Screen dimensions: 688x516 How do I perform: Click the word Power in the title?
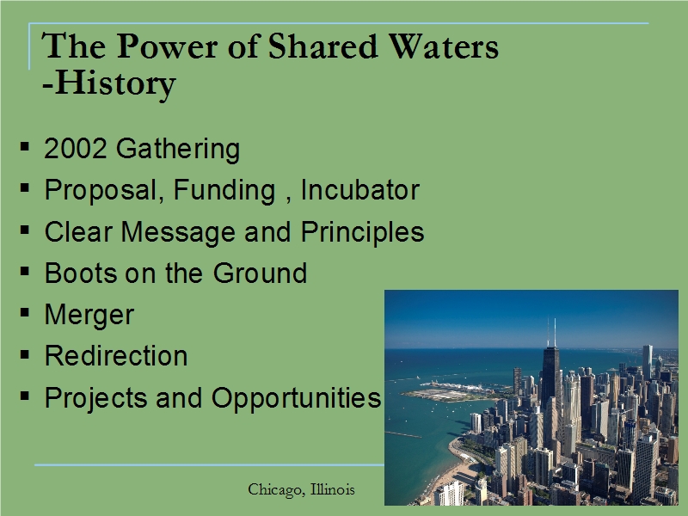(167, 46)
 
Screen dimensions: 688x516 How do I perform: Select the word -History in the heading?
(109, 83)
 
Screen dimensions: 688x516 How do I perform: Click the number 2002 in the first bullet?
(76, 148)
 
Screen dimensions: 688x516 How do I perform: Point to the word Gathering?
(178, 149)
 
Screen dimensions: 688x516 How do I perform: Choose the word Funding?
(224, 190)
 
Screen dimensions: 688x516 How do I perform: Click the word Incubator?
(360, 189)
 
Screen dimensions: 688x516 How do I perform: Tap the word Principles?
(362, 231)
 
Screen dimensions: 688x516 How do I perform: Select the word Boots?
(81, 273)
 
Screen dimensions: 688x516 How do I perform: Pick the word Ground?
(260, 273)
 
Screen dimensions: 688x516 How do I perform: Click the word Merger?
(89, 315)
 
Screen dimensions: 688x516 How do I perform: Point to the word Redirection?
(116, 355)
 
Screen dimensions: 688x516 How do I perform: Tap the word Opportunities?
(296, 398)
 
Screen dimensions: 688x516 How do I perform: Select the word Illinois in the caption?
(333, 488)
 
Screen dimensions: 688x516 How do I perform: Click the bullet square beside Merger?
(25, 313)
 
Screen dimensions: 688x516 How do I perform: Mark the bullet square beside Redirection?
(25, 354)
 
